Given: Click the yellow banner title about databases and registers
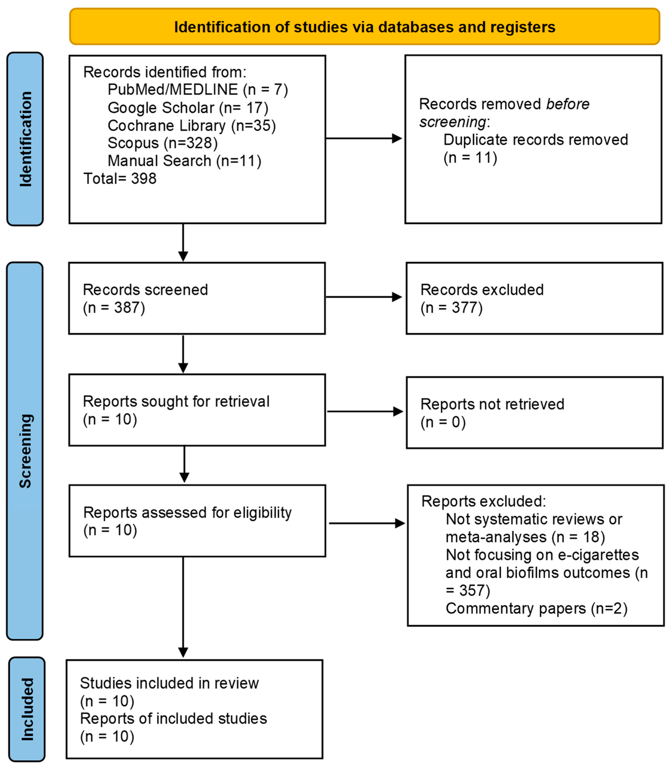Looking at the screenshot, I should [364, 27].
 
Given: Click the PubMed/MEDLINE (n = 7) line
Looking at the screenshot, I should [198, 89].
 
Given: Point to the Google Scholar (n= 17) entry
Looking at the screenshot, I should [188, 108].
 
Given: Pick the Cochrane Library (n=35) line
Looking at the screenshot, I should [192, 125].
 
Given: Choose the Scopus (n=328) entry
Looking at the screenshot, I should [162, 143].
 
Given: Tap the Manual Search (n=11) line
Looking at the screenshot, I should [184, 161].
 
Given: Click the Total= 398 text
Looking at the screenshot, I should [120, 178].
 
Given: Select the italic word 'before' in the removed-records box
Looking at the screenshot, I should [567, 104].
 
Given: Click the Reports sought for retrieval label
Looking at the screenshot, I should [176, 401].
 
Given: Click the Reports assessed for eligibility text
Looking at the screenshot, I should [187, 512].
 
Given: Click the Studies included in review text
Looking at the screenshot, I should [169, 683].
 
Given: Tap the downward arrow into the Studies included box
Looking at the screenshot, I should [183, 608].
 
